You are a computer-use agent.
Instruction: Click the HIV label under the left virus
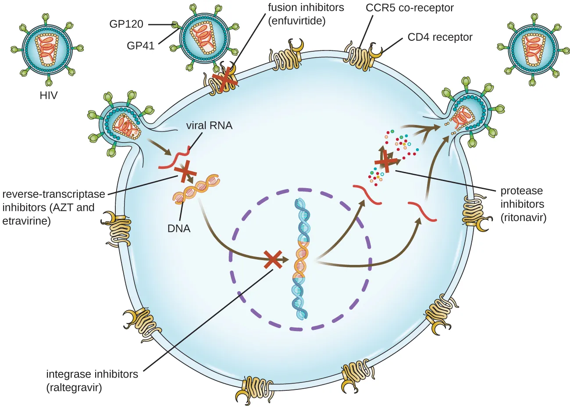pos(48,95)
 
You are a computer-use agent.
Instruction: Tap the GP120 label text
pos(126,24)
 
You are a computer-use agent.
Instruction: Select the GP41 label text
pos(140,45)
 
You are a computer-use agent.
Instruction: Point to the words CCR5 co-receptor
pos(410,8)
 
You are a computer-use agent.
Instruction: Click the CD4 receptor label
pos(440,37)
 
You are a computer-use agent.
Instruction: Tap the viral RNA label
pos(209,125)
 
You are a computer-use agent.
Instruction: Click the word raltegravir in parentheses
pos(74,388)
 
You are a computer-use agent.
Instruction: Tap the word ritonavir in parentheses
pos(524,218)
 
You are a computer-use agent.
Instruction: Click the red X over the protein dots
pos(385,161)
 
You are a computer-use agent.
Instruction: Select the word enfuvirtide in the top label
pos(296,21)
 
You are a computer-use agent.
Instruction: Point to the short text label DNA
pos(179,228)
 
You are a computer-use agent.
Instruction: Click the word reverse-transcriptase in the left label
pos(53,194)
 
